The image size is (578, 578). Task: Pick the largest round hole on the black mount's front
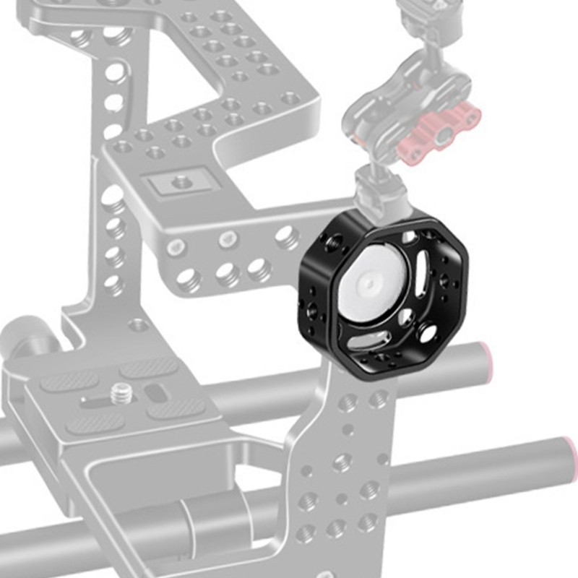[x=427, y=331]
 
